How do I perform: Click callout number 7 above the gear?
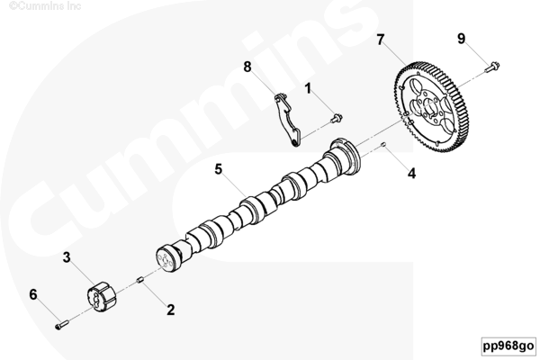[380, 40]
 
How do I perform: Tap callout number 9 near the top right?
[462, 38]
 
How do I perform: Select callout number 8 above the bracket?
[247, 67]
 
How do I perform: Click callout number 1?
[308, 88]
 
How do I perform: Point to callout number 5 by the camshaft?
[219, 169]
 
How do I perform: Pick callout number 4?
[412, 173]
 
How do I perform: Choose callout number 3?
[67, 257]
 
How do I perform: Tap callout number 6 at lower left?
[33, 294]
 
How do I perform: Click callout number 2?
[170, 310]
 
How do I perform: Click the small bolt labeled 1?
[336, 118]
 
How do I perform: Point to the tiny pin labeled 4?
[383, 144]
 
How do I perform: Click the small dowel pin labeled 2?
[139, 279]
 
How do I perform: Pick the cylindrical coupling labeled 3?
[101, 297]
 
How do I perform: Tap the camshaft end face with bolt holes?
[166, 258]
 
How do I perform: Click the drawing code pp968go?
[508, 346]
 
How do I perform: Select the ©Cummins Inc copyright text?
[45, 5]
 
